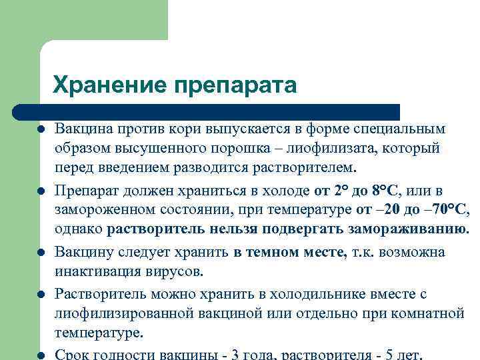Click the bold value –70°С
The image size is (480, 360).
[x=446, y=210]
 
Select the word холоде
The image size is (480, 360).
[x=287, y=191]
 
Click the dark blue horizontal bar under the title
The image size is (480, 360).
[x=207, y=111]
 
